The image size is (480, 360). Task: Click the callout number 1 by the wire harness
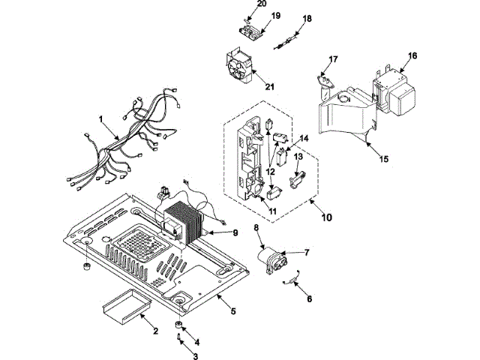pyautogui.click(x=100, y=119)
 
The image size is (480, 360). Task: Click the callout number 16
pyautogui.click(x=412, y=55)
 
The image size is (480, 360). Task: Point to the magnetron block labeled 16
pyautogui.click(x=395, y=91)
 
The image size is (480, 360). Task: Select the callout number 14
pyautogui.click(x=304, y=138)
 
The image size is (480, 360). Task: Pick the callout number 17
pyautogui.click(x=333, y=58)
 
